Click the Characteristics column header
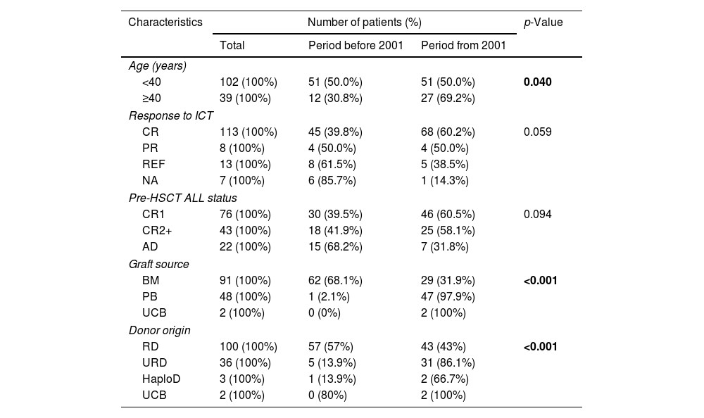[x=165, y=22]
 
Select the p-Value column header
[x=543, y=22]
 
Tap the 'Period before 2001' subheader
[x=356, y=46]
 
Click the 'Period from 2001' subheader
[x=463, y=46]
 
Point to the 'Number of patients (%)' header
[x=364, y=22]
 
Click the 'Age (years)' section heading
[x=157, y=66]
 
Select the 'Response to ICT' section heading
[x=170, y=115]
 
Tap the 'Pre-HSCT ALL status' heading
[x=182, y=198]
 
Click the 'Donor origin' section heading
[x=159, y=330]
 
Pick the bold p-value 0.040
[x=537, y=82]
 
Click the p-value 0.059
[x=537, y=132]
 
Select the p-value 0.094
[x=537, y=214]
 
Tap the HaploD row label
[x=161, y=379]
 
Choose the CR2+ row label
[x=156, y=231]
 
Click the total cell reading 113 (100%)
[x=249, y=132]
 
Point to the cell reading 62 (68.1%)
[x=335, y=280]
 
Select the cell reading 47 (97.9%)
[x=448, y=297]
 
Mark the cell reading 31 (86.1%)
[x=448, y=363]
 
